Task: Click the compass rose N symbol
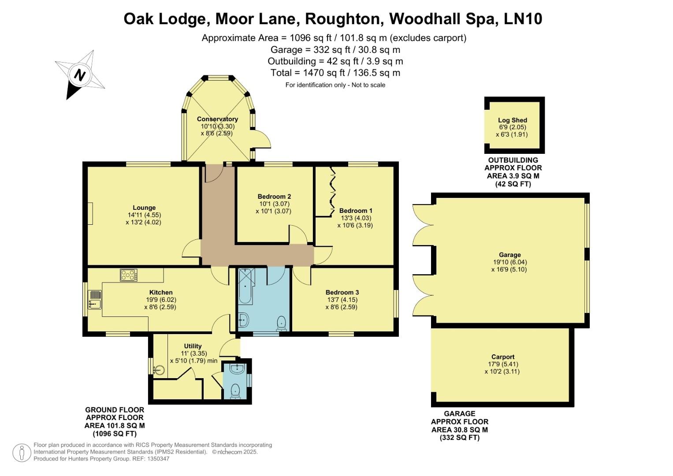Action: coord(80,74)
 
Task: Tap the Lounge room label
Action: coord(144,208)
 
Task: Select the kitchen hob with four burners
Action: coord(129,275)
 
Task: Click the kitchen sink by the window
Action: coord(94,300)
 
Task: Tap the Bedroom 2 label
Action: coord(274,196)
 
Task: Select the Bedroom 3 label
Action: coord(342,292)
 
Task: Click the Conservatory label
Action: coord(217,119)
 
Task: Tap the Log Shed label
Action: coord(513,120)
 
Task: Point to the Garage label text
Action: coord(510,255)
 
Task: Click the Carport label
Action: coord(503,357)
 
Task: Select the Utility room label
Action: coord(193,346)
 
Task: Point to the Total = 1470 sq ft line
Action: coord(335,73)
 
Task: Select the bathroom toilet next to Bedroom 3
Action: coord(281,324)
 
